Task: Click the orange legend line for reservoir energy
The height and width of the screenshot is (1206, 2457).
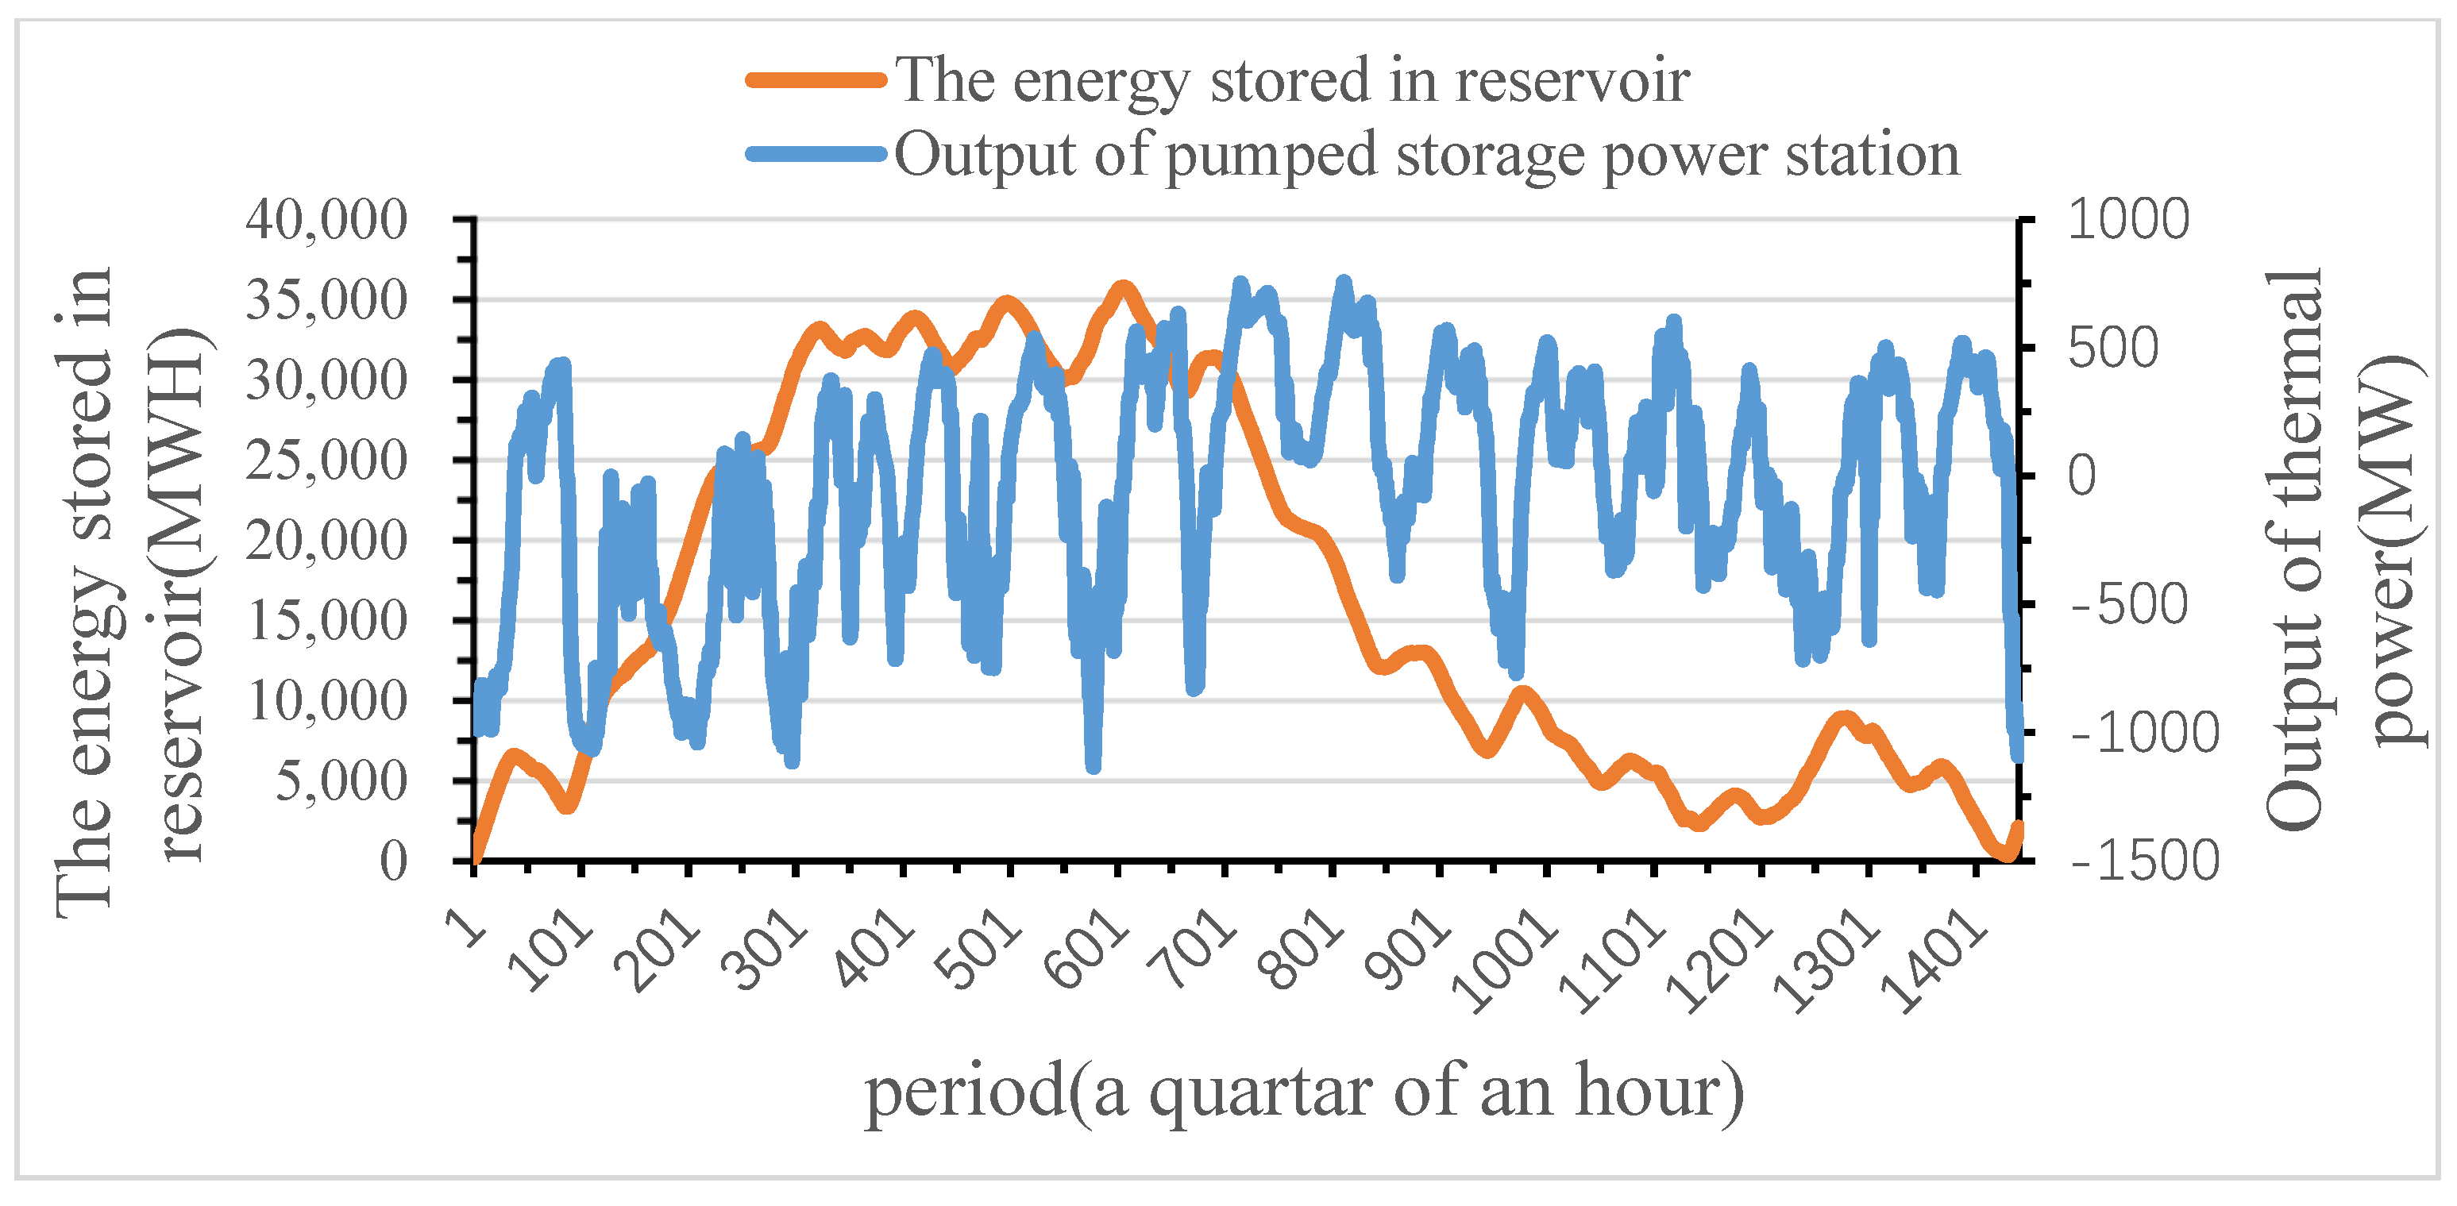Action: point(816,80)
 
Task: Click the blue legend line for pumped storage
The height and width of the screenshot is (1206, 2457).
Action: point(816,155)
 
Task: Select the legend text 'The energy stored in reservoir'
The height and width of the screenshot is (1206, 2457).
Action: point(1291,80)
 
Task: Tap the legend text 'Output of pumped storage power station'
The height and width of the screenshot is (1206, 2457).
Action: point(1426,155)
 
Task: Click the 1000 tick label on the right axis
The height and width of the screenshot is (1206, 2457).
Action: point(2127,220)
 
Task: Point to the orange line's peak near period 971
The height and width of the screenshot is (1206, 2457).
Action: point(1522,692)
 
